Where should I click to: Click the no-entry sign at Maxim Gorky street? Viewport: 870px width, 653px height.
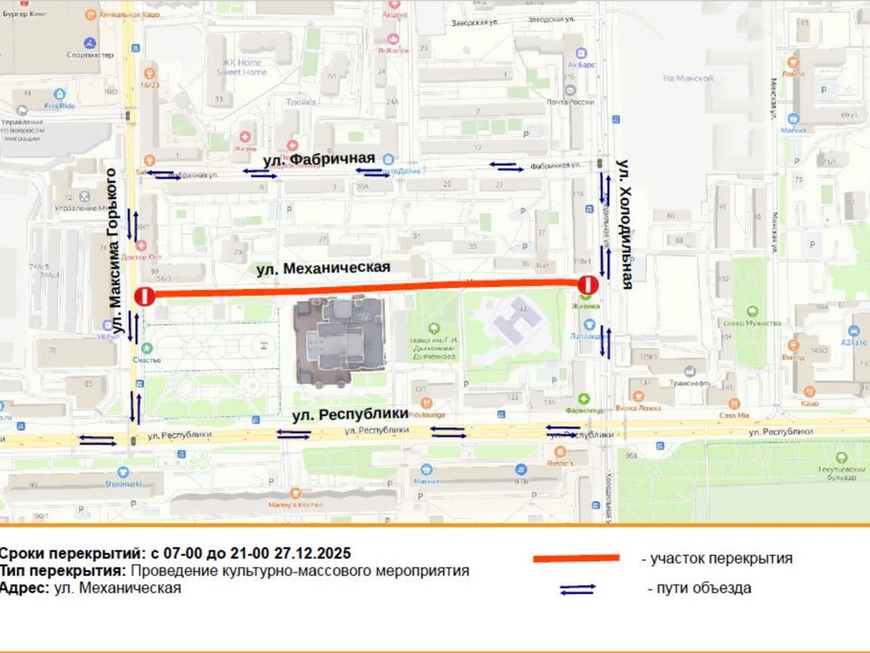click(145, 296)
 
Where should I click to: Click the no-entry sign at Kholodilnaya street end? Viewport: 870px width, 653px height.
click(587, 285)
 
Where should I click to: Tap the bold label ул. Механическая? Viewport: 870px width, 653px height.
click(323, 268)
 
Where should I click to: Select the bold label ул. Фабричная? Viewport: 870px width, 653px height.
click(318, 159)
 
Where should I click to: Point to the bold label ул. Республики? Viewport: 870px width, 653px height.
click(350, 415)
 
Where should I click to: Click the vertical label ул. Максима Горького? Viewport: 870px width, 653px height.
click(112, 250)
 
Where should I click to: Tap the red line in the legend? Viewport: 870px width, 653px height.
click(576, 558)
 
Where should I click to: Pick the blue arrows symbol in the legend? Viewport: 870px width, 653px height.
click(577, 589)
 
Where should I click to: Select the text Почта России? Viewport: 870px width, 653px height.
click(571, 102)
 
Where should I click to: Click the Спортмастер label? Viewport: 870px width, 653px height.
click(89, 54)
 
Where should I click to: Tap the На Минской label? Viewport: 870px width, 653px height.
click(688, 78)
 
